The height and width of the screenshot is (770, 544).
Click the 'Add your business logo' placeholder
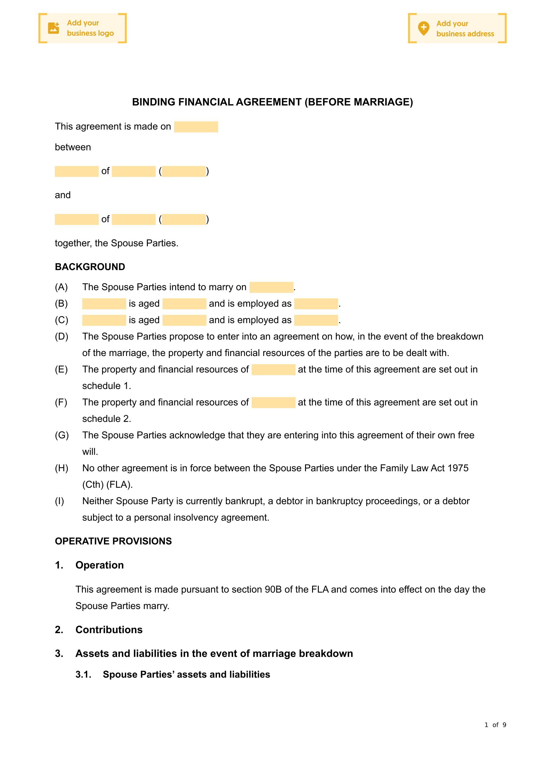click(83, 28)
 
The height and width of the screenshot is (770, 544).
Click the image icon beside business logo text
click(54, 28)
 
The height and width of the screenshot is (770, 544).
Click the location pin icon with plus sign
click(424, 28)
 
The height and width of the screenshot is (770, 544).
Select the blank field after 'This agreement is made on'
click(196, 127)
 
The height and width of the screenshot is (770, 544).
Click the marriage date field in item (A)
click(271, 287)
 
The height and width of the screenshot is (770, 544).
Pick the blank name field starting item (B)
click(104, 304)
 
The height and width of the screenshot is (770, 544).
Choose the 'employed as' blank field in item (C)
click(316, 320)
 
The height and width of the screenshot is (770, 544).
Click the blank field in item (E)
click(273, 369)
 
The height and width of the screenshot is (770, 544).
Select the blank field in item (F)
click(273, 402)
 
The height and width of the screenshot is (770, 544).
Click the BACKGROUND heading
click(90, 267)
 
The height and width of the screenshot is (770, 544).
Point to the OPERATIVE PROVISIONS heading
click(113, 541)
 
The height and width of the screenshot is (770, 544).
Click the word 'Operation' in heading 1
click(100, 565)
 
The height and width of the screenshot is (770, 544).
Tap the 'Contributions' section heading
click(109, 630)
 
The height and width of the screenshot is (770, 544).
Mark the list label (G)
click(62, 435)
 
